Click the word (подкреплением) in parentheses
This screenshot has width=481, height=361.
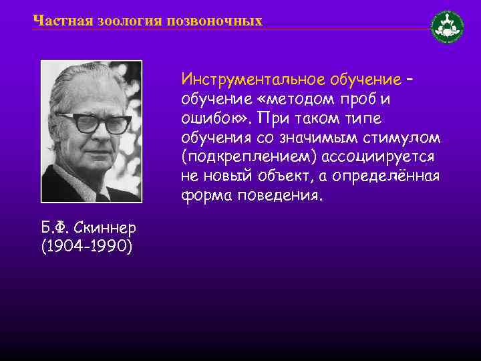[249, 158]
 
